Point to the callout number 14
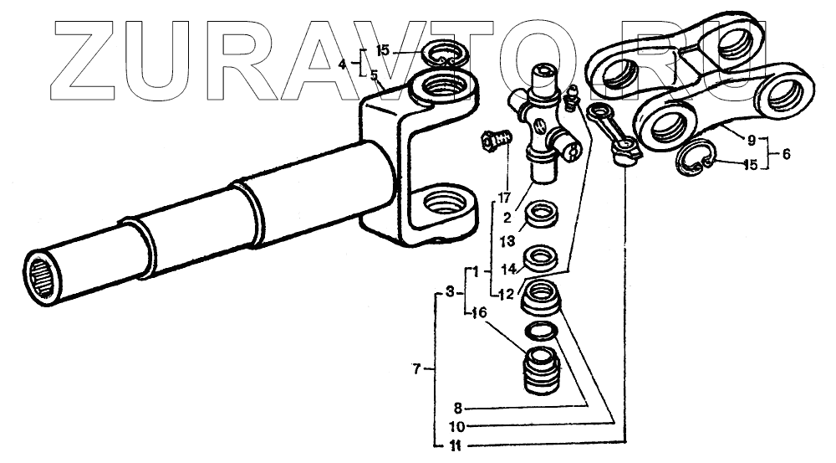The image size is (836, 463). click(506, 269)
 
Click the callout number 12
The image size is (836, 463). click(504, 293)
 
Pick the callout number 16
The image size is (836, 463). click(478, 313)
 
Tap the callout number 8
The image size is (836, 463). click(458, 409)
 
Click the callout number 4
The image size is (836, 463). click(342, 63)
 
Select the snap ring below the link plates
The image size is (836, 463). click(695, 160)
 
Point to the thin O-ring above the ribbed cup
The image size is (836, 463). click(541, 332)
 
